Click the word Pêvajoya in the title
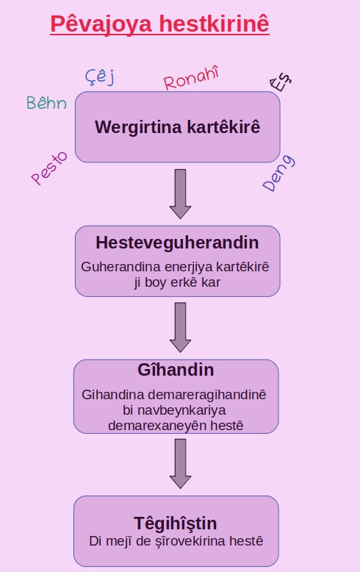click(101, 24)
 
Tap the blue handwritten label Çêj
click(100, 76)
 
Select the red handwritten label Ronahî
click(191, 77)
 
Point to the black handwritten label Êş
click(281, 82)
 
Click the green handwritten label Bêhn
click(46, 102)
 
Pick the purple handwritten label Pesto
click(49, 168)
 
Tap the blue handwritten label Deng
click(278, 173)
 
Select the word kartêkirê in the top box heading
click(224, 126)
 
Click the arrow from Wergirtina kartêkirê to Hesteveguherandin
click(180, 193)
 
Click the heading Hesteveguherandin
click(177, 243)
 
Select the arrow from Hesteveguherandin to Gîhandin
click(180, 327)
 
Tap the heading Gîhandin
click(176, 370)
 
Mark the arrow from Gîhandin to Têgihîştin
click(180, 464)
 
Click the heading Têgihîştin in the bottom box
click(176, 524)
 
